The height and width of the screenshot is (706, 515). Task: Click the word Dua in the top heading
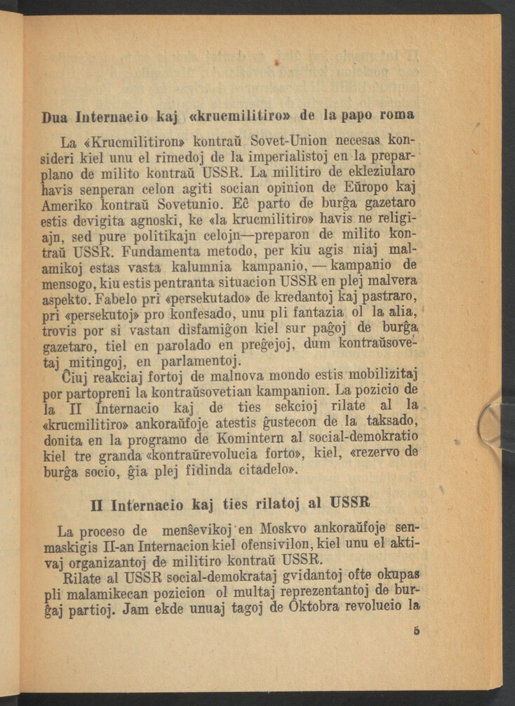[x=55, y=116]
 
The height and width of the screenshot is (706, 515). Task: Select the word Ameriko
[x=65, y=208]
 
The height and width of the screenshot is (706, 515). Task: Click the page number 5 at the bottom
[x=417, y=631]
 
